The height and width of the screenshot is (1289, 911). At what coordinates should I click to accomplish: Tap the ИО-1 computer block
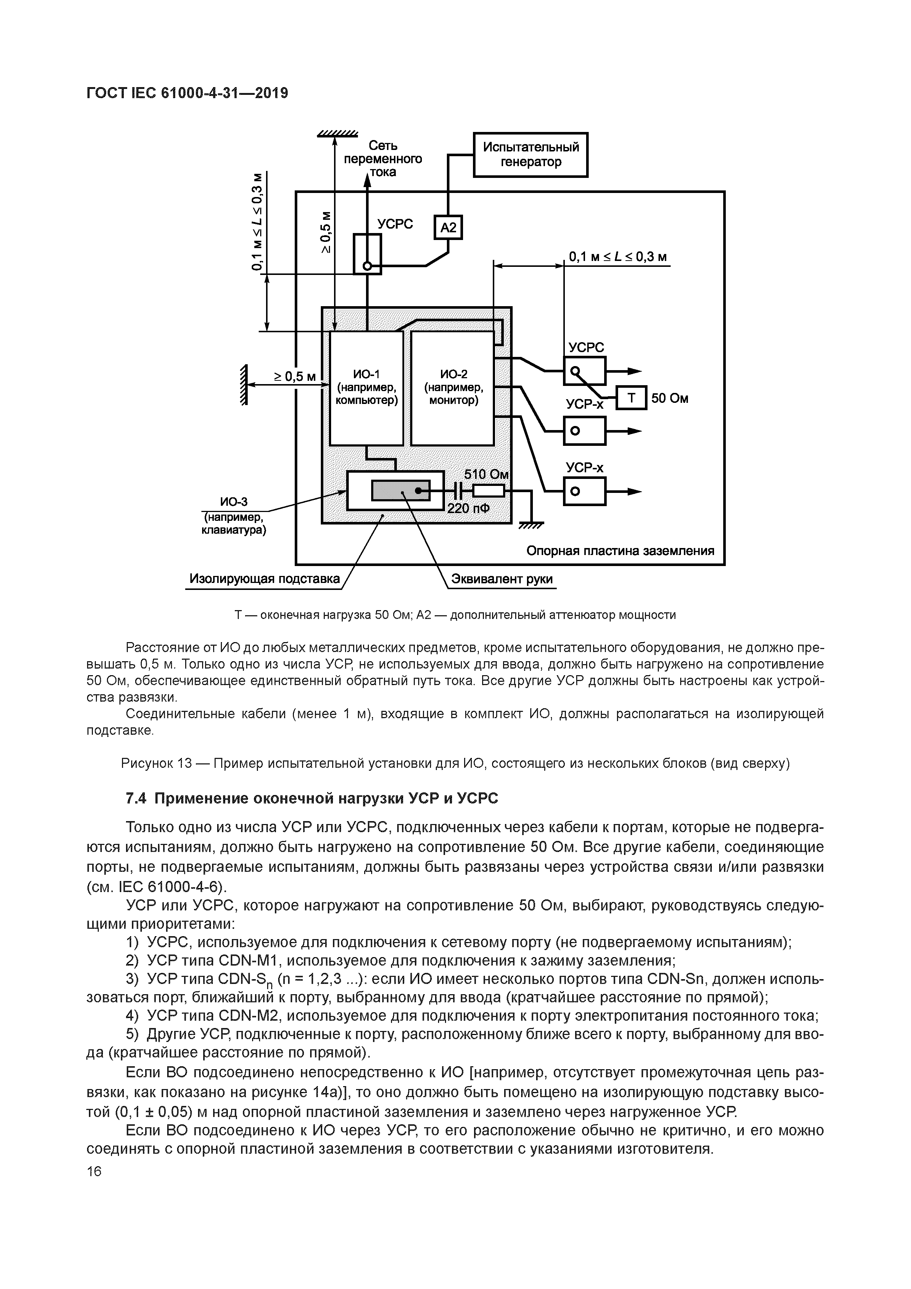tap(366, 387)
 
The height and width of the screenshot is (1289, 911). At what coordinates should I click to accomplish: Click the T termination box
tap(631, 398)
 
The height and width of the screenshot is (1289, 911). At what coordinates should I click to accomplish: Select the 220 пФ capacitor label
tap(468, 509)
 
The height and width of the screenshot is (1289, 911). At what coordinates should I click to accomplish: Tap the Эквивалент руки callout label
tap(502, 579)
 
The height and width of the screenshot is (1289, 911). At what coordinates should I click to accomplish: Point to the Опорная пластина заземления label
tap(620, 551)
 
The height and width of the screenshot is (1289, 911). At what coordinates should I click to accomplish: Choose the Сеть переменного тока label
tap(383, 159)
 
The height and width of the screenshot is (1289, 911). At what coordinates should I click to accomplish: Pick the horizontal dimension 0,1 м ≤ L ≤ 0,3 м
tap(617, 258)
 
